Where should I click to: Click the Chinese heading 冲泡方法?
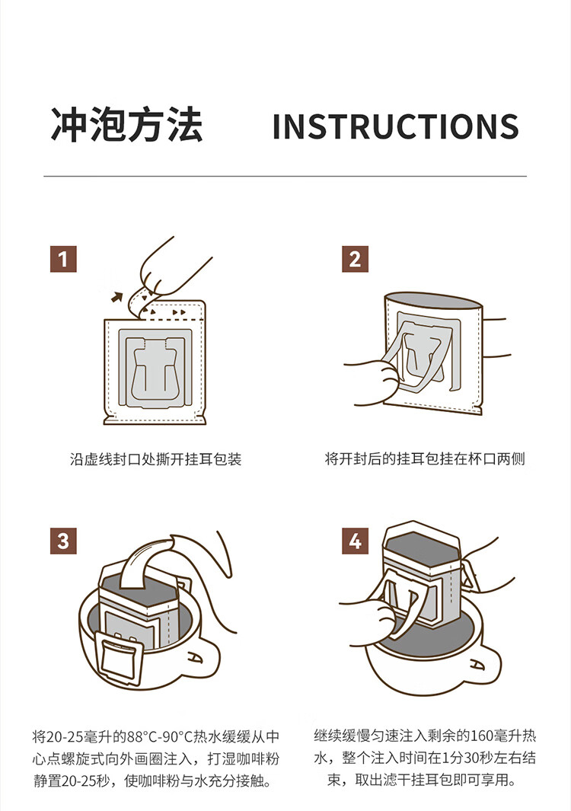126,125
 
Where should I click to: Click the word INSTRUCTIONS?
396,126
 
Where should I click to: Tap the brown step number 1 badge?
63,259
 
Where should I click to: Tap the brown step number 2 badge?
355,259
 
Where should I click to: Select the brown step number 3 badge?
63,541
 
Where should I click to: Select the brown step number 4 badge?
355,541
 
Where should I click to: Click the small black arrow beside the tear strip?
117,297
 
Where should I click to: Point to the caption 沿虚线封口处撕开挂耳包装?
155,459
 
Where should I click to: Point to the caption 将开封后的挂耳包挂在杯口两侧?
425,458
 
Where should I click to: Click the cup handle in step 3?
204,657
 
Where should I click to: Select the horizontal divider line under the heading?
285,177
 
